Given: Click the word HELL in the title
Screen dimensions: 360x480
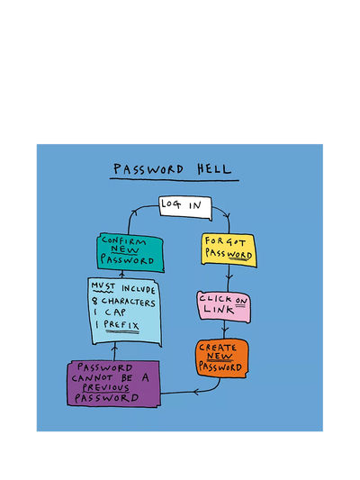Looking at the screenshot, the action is click(214, 168).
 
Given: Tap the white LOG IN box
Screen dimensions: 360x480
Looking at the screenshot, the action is click(185, 207).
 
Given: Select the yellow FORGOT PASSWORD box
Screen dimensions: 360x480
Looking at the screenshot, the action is click(229, 249).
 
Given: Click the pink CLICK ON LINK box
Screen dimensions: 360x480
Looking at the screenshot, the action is click(224, 307).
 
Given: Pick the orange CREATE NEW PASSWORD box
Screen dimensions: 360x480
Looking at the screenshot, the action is click(221, 358).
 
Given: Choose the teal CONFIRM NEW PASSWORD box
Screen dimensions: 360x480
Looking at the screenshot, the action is click(130, 252).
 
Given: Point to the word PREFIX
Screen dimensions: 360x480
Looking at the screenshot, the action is click(121, 324).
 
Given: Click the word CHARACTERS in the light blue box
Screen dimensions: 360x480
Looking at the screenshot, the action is click(128, 302).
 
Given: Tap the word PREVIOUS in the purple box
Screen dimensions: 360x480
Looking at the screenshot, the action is click(105, 387).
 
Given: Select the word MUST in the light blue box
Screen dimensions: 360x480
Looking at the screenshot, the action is click(103, 286).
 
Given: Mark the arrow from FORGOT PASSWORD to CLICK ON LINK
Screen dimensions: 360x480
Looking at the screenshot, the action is click(229, 278).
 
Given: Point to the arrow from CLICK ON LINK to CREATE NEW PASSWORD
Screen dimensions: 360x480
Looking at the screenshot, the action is click(225, 331).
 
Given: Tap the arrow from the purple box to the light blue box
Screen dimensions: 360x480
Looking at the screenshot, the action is click(114, 352).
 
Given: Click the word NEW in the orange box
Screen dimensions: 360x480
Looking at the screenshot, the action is click(220, 356).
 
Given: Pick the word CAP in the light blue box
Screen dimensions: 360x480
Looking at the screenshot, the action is click(115, 312).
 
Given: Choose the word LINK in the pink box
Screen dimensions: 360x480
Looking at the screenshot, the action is click(219, 309).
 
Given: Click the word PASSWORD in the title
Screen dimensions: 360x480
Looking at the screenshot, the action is click(148, 169).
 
